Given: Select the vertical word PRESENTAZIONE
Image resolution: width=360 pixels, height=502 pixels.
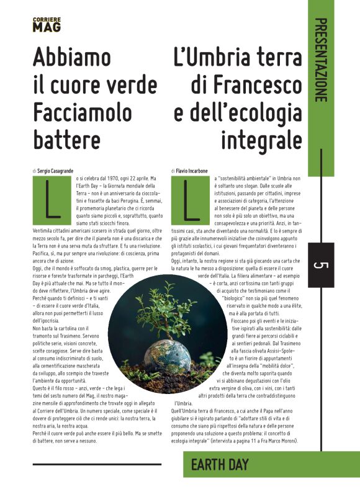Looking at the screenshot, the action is tap(320, 60).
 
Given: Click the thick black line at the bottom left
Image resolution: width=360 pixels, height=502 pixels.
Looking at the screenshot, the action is tap(96, 464).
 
